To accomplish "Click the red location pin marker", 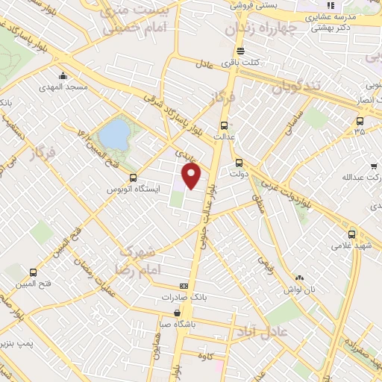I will [x=192, y=175].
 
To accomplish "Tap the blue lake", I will [x=114, y=134].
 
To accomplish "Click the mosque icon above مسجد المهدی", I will [x=64, y=75].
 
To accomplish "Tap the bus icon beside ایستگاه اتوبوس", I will [x=133, y=178].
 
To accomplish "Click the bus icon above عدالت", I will [x=225, y=125].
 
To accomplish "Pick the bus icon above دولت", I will [x=239, y=163].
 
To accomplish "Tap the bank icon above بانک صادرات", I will [x=184, y=286].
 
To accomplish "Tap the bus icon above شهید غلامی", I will [x=352, y=234].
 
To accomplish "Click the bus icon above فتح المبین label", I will [x=32, y=272].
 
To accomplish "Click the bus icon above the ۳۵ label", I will [x=360, y=120].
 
